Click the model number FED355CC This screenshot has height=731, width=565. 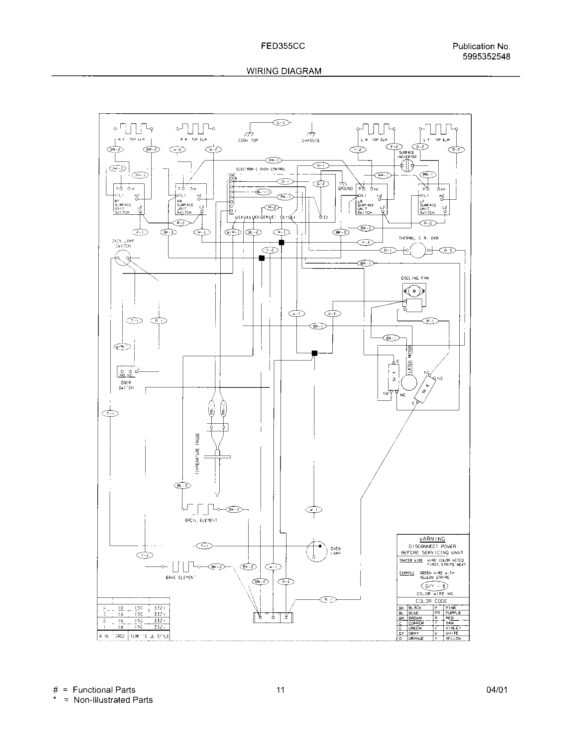coord(283,46)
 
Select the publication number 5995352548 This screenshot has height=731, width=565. coord(486,56)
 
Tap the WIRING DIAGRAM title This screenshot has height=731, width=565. coord(284,71)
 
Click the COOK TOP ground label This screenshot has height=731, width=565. coord(248,141)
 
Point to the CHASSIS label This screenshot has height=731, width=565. coord(311,141)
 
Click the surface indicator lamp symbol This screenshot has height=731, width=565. coord(407,165)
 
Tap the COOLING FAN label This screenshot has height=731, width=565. coord(415,278)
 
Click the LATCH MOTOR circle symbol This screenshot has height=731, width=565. coord(409,382)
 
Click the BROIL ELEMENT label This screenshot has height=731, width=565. coord(201,520)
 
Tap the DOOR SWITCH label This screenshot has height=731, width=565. coord(126,385)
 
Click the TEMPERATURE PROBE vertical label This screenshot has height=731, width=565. coord(197,454)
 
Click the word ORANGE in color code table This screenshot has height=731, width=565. coord(416,638)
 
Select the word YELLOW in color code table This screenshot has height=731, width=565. coord(453,638)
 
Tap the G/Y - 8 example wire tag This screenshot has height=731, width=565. coord(434,586)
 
